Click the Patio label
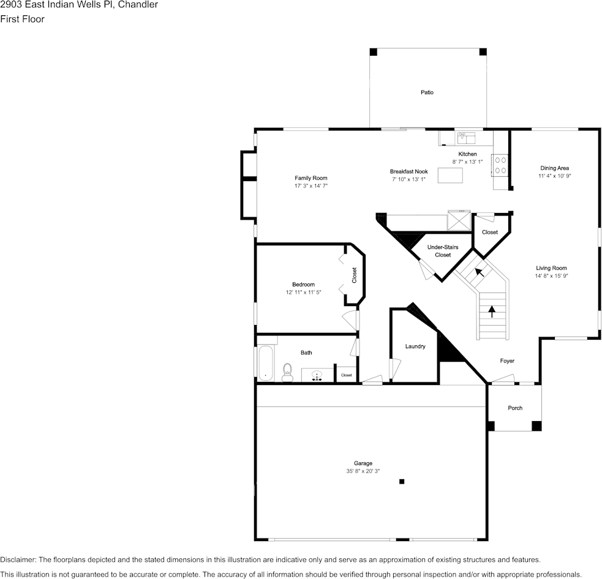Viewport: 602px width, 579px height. pyautogui.click(x=427, y=92)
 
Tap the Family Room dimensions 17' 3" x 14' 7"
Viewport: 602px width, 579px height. pyautogui.click(x=311, y=185)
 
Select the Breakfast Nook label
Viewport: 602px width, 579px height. pyautogui.click(x=408, y=171)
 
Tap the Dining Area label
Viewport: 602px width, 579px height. pyautogui.click(x=554, y=168)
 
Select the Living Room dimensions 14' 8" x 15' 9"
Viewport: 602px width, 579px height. pyautogui.click(x=551, y=276)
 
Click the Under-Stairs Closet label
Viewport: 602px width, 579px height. pyautogui.click(x=442, y=251)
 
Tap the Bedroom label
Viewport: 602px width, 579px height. pyautogui.click(x=303, y=284)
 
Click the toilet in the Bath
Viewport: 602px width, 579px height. pyautogui.click(x=287, y=373)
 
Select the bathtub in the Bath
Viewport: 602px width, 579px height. pyautogui.click(x=265, y=364)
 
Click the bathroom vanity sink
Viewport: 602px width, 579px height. pyautogui.click(x=317, y=375)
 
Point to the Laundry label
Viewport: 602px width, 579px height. pyautogui.click(x=415, y=346)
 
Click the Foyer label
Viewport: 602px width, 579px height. pyautogui.click(x=506, y=361)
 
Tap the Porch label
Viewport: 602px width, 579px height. pyautogui.click(x=515, y=408)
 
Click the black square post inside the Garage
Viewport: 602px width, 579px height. pyautogui.click(x=402, y=482)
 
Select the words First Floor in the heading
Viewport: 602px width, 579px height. pyautogui.click(x=22, y=19)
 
